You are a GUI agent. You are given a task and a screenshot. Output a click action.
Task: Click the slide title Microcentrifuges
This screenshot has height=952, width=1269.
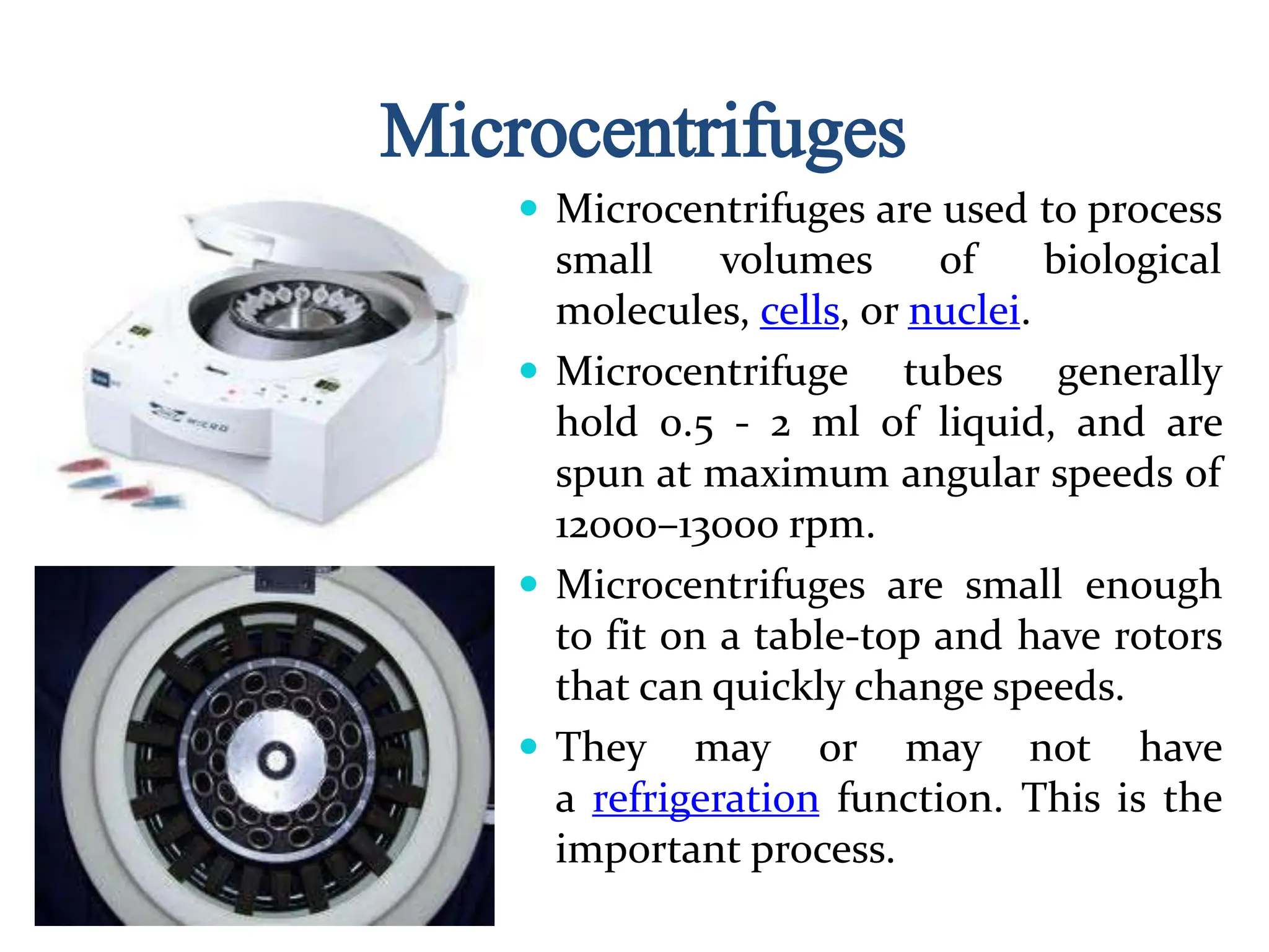click(x=642, y=131)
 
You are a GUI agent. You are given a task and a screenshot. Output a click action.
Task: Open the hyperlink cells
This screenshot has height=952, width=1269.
click(x=799, y=311)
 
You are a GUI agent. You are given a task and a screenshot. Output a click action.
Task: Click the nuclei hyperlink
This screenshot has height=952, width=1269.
click(x=964, y=311)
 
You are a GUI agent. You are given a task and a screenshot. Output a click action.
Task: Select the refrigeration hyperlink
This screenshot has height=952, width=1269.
click(x=705, y=798)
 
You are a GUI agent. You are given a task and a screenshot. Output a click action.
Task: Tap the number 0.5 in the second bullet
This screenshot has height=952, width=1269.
click(x=687, y=424)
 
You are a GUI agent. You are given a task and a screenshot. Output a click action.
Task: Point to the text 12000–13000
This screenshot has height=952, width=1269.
click(x=666, y=526)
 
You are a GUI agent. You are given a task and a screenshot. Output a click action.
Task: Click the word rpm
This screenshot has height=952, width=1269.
click(x=831, y=526)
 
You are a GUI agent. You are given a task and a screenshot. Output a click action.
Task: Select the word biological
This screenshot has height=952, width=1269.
click(x=1132, y=260)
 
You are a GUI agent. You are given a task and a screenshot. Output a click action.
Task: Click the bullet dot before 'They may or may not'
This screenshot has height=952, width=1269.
click(x=529, y=746)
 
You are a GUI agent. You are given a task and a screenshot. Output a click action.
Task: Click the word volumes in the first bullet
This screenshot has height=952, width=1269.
click(x=796, y=260)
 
